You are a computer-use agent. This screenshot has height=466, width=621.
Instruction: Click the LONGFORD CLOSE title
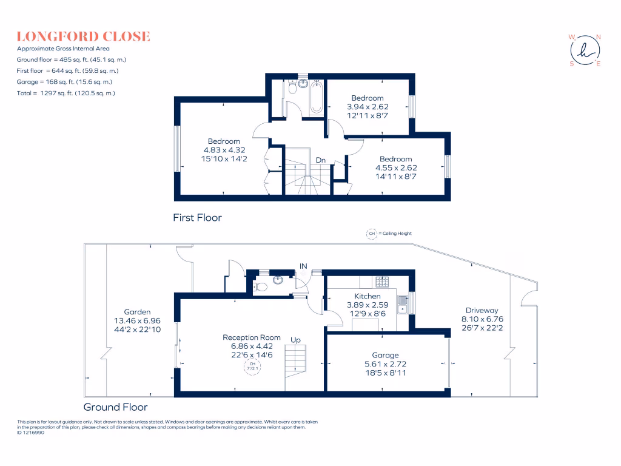tap(83, 36)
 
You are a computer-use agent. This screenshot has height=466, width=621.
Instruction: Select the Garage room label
tap(385, 356)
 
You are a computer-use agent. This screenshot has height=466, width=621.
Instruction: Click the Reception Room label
tap(251, 337)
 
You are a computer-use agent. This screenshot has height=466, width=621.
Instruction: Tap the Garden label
tap(136, 312)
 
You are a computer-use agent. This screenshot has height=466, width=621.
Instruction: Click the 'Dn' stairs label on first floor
tap(321, 160)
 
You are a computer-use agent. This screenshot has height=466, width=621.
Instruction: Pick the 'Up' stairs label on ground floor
tap(295, 340)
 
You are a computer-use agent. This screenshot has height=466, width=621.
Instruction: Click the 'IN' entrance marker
tap(303, 265)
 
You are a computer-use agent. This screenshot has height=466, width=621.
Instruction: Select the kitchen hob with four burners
tap(383, 281)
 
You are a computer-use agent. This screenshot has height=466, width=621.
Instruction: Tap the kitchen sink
tap(401, 304)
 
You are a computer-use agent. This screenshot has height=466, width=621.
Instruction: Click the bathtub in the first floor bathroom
tap(316, 96)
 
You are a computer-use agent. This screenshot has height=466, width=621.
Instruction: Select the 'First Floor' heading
tap(197, 217)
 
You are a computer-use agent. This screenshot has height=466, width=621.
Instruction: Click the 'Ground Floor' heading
tap(115, 407)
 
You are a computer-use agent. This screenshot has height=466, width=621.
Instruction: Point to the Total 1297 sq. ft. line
tap(66, 93)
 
